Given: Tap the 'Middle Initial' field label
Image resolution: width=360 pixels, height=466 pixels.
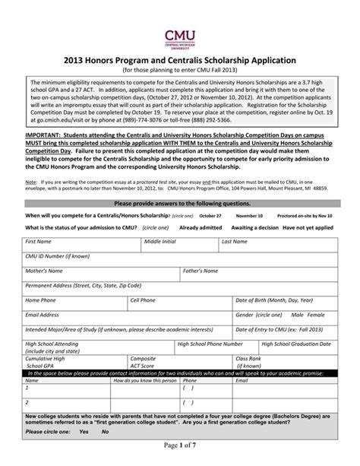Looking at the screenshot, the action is (160, 241).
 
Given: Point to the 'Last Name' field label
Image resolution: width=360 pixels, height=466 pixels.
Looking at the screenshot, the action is (234, 241).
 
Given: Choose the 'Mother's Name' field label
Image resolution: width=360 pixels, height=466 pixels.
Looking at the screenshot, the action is (43, 271).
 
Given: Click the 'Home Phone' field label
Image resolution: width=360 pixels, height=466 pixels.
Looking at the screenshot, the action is (41, 300).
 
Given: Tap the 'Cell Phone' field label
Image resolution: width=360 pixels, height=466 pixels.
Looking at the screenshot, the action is (143, 300).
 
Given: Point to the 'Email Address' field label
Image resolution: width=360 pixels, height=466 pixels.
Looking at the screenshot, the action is (43, 315).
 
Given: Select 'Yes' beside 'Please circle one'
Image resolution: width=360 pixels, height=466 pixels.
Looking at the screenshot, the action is (84, 432).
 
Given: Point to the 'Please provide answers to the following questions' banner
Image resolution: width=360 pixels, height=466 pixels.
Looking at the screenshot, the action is (180, 204).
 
